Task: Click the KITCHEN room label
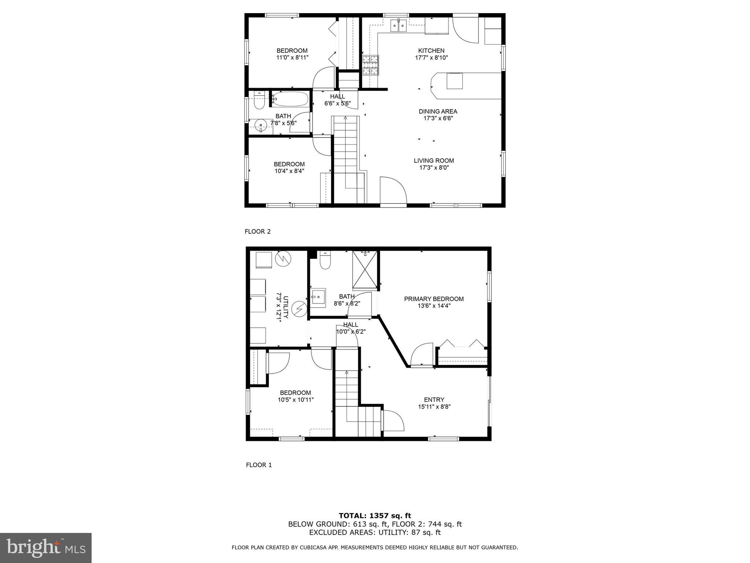pyautogui.click(x=431, y=51)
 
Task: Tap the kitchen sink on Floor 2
pyautogui.click(x=398, y=25)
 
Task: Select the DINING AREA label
pyautogui.click(x=438, y=111)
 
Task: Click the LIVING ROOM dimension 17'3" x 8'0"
pyautogui.click(x=434, y=168)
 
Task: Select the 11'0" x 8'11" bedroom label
pyautogui.click(x=292, y=54)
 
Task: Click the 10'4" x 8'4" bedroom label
pyautogui.click(x=289, y=168)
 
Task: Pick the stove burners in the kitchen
pyautogui.click(x=370, y=65)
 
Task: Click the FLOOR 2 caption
pyautogui.click(x=258, y=231)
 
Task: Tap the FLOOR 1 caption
pyautogui.click(x=259, y=465)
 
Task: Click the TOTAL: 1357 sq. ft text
pyautogui.click(x=375, y=516)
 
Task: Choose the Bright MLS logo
pyautogui.click(x=45, y=548)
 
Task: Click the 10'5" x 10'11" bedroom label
pyautogui.click(x=295, y=396)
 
